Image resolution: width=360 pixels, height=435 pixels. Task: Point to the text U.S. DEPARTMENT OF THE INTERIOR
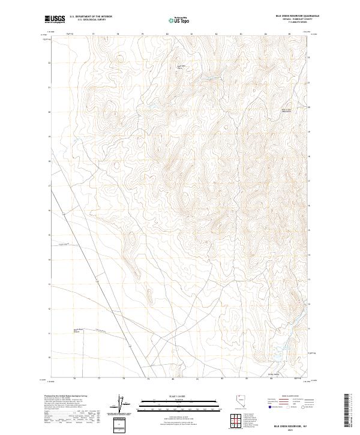tap(91, 17)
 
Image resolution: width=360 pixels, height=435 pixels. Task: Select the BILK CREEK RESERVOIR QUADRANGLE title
tap(289, 16)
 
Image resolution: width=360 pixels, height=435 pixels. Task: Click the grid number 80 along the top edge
tap(167, 34)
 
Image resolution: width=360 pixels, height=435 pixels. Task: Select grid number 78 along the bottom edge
tap(124, 379)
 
